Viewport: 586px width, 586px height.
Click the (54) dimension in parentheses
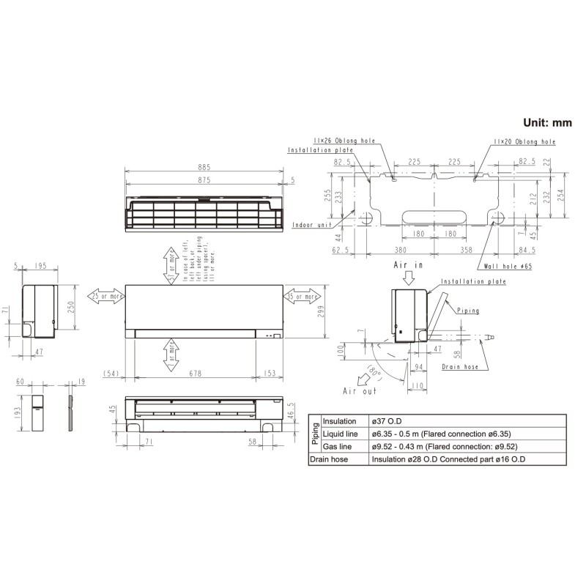click(111, 374)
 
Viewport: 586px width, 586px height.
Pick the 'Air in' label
click(409, 264)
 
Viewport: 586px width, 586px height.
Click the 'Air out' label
click(359, 392)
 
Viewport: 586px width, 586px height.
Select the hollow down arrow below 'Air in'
click(409, 278)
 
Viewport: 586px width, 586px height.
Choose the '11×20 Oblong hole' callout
click(524, 141)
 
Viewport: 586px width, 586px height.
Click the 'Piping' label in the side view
click(467, 311)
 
